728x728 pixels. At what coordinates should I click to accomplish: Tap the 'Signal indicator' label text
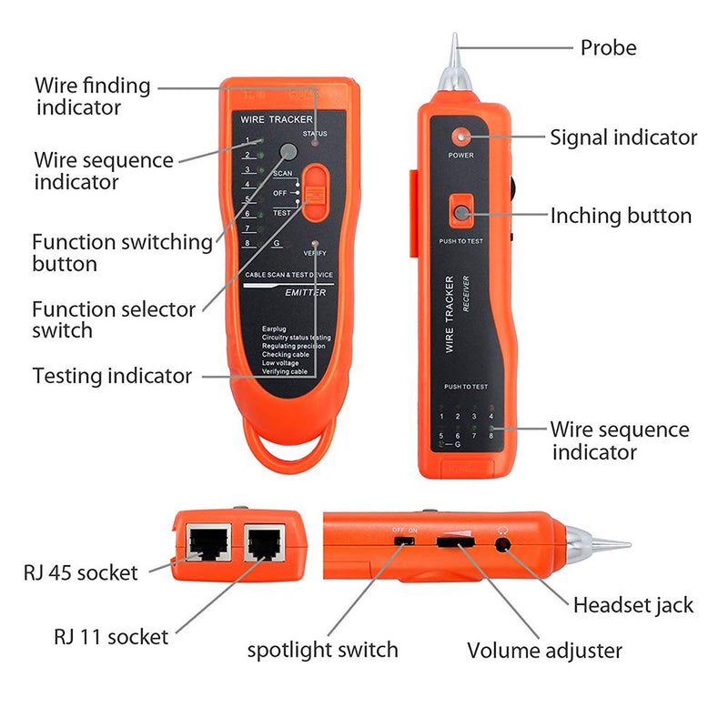click(x=623, y=137)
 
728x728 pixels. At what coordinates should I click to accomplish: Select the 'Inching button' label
click(x=621, y=216)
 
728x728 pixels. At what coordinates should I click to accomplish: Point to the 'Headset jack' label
click(x=632, y=604)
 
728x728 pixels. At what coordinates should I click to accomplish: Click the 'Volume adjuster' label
click(x=544, y=651)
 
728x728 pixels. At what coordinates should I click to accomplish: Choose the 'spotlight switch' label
click(x=322, y=650)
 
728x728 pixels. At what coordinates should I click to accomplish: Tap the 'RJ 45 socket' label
click(x=80, y=572)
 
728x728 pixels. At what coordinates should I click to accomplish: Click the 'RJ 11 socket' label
click(x=111, y=636)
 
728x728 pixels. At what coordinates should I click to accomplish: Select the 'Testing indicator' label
click(x=112, y=375)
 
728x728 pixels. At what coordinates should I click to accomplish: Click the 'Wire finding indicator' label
click(x=92, y=96)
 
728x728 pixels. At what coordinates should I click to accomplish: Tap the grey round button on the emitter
click(x=288, y=152)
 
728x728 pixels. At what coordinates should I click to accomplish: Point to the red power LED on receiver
click(x=461, y=136)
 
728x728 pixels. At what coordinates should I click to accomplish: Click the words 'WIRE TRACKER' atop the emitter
click(x=276, y=120)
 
